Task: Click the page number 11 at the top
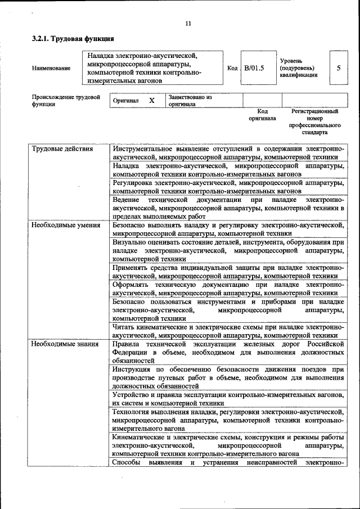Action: (188, 23)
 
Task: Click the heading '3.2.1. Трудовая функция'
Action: (73, 39)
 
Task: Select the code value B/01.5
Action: (254, 68)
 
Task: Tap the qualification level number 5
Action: (338, 68)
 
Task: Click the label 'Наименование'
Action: (51, 69)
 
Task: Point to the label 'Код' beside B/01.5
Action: (232, 68)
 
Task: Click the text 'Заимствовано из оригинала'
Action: (190, 100)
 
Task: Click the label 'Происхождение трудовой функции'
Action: (62, 100)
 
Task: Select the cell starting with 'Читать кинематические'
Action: (228, 330)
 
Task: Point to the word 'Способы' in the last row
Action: (126, 462)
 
